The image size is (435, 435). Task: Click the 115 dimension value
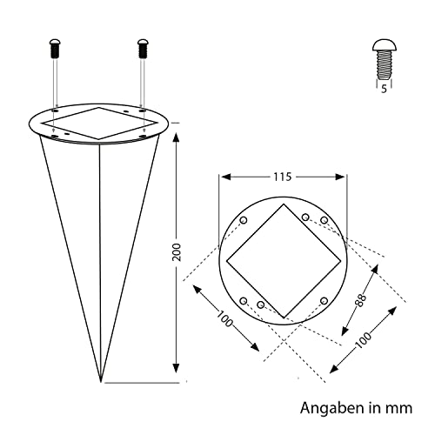[283, 177]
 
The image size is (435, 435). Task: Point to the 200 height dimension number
[177, 252]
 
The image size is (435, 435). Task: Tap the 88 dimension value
[361, 301]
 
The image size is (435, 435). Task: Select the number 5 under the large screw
[384, 89]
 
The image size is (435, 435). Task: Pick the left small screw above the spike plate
[55, 48]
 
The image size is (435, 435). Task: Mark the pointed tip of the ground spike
[101, 382]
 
